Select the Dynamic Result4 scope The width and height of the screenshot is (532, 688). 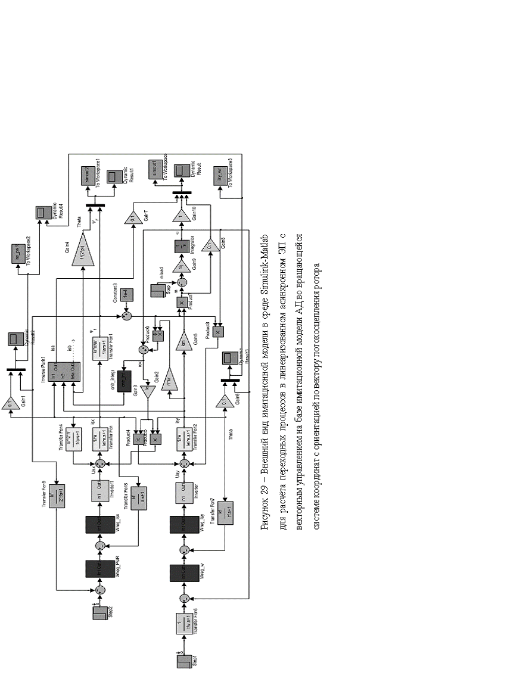pos(42,213)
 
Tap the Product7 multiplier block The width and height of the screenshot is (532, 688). pos(182,304)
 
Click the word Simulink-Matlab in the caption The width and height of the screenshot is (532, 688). pos(263,256)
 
